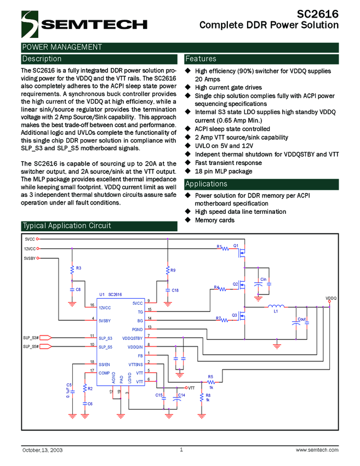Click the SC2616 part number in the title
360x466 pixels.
(x=318, y=14)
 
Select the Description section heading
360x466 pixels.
(x=42, y=59)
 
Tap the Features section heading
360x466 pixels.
(x=201, y=59)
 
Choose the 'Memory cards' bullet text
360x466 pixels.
(x=215, y=220)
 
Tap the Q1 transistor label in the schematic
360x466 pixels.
(x=236, y=246)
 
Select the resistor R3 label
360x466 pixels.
(x=79, y=268)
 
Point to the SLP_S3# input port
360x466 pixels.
(x=31, y=338)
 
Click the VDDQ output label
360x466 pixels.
(x=331, y=298)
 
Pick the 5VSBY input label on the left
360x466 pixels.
(x=30, y=258)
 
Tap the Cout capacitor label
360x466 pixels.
(x=301, y=319)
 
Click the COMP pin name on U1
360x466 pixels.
(x=104, y=373)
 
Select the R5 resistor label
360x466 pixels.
(x=210, y=376)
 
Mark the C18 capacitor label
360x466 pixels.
(x=175, y=290)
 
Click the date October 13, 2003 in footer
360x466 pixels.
(x=42, y=450)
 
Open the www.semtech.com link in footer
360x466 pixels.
(x=317, y=450)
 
